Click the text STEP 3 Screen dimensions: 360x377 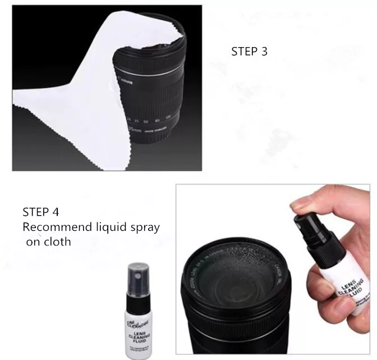point(250,51)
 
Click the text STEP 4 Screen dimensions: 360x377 point(41,212)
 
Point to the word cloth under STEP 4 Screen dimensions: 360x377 point(56,243)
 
